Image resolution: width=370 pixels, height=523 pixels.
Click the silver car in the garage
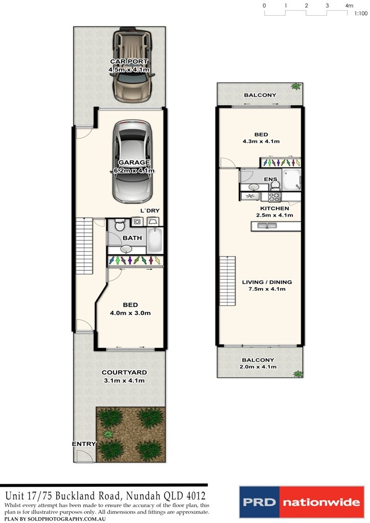[x=132, y=161]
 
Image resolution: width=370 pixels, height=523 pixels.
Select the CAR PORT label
[x=129, y=61]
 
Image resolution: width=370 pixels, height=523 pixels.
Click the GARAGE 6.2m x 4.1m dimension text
[x=132, y=171]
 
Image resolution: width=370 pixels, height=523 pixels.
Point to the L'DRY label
[x=150, y=210]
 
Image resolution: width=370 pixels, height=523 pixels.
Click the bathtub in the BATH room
[x=155, y=240]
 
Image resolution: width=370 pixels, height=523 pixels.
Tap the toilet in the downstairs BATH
[x=120, y=225]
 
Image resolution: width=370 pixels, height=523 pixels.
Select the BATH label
[x=132, y=238]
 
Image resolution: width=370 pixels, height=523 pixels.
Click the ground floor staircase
[x=84, y=246]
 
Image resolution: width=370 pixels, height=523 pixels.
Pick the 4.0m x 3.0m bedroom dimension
[x=130, y=313]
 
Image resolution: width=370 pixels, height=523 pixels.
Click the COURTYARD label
[x=124, y=372]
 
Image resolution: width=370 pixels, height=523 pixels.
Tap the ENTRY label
[x=84, y=444]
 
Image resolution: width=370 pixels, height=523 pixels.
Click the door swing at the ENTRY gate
[x=81, y=456]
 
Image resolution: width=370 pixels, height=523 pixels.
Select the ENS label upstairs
[x=270, y=179]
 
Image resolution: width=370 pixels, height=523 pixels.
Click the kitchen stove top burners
[x=274, y=197]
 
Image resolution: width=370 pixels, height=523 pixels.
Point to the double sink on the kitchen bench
[x=266, y=226]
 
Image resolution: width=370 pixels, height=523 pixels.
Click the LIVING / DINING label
[x=267, y=282]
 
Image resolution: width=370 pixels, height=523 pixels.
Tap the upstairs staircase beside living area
[x=227, y=281]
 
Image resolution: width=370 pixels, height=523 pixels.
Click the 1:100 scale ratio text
[x=361, y=14]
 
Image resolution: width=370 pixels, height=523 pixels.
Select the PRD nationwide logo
[x=302, y=502]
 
